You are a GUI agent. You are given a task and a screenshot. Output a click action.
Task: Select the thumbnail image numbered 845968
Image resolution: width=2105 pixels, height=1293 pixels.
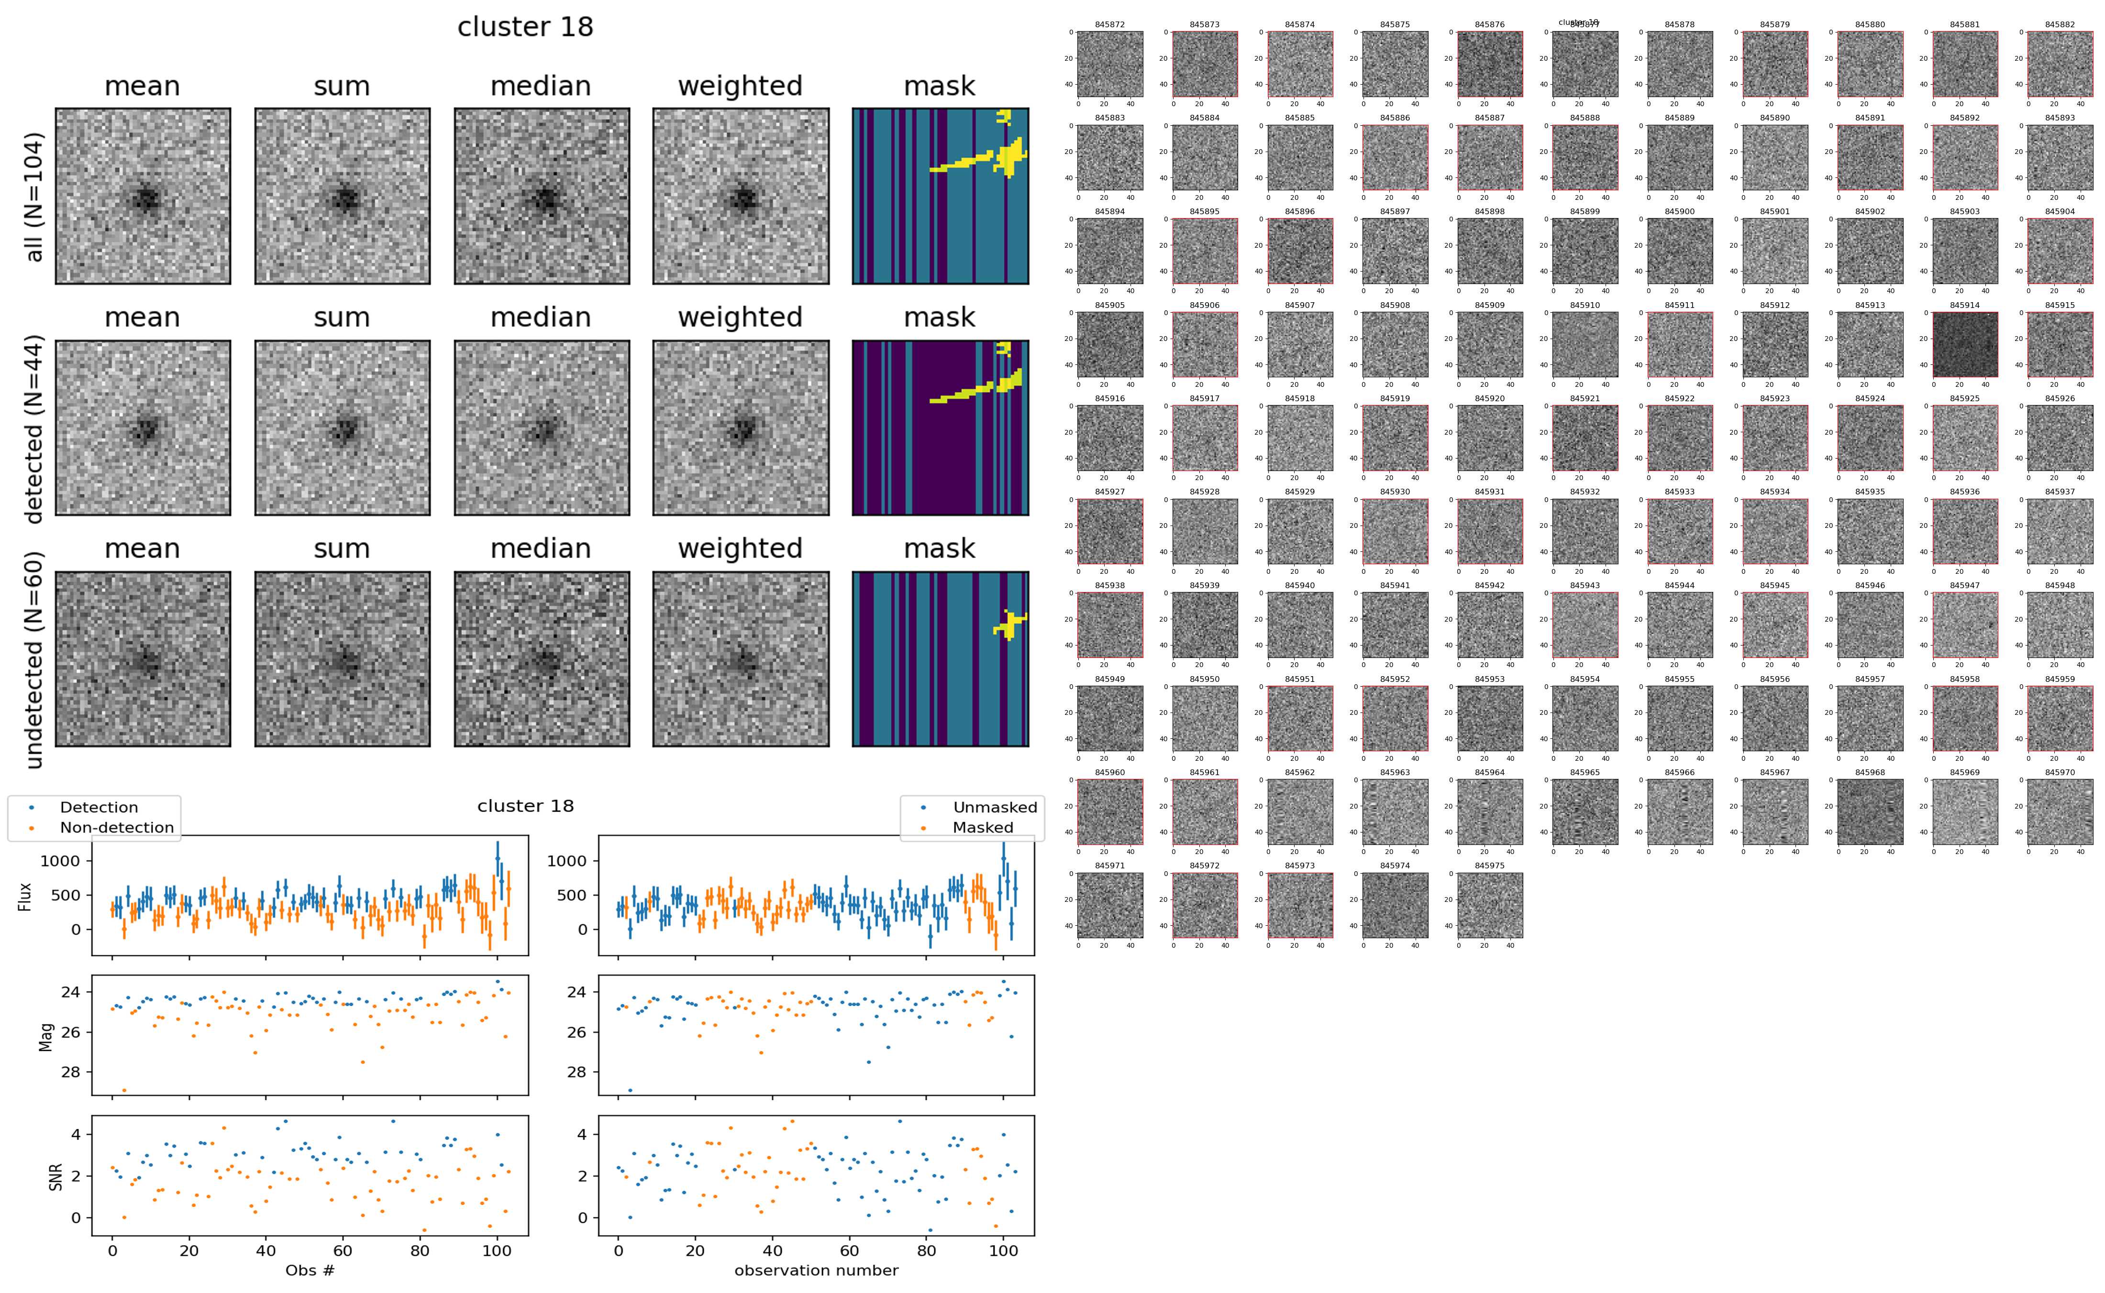1870,811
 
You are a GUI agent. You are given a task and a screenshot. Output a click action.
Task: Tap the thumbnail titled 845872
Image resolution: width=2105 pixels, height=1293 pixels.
1109,64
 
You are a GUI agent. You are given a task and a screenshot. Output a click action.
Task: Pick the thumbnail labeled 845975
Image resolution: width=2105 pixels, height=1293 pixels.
1489,905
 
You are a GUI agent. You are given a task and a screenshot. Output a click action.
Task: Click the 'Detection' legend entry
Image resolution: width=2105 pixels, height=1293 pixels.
99,807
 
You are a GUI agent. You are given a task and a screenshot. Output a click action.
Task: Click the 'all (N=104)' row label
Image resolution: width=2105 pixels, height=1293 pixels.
34,197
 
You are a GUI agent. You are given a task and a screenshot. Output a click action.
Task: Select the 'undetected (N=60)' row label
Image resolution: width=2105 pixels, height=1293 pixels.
34,659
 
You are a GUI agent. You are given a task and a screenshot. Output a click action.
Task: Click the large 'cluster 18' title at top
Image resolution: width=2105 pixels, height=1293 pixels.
525,27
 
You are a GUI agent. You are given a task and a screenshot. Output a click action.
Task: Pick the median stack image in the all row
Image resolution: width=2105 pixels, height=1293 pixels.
542,196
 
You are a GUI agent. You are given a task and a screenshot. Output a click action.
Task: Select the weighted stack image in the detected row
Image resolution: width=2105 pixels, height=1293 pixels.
741,427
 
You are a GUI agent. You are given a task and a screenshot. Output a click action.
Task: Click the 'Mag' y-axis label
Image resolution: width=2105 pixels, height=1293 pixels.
46,1036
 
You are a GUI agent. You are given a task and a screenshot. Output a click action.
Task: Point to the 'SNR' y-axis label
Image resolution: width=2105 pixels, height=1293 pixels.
55,1176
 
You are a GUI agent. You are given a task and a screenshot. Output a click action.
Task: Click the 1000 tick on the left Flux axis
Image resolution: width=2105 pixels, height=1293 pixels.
60,861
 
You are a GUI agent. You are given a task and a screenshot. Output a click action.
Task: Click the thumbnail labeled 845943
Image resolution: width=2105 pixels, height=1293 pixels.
1585,625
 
